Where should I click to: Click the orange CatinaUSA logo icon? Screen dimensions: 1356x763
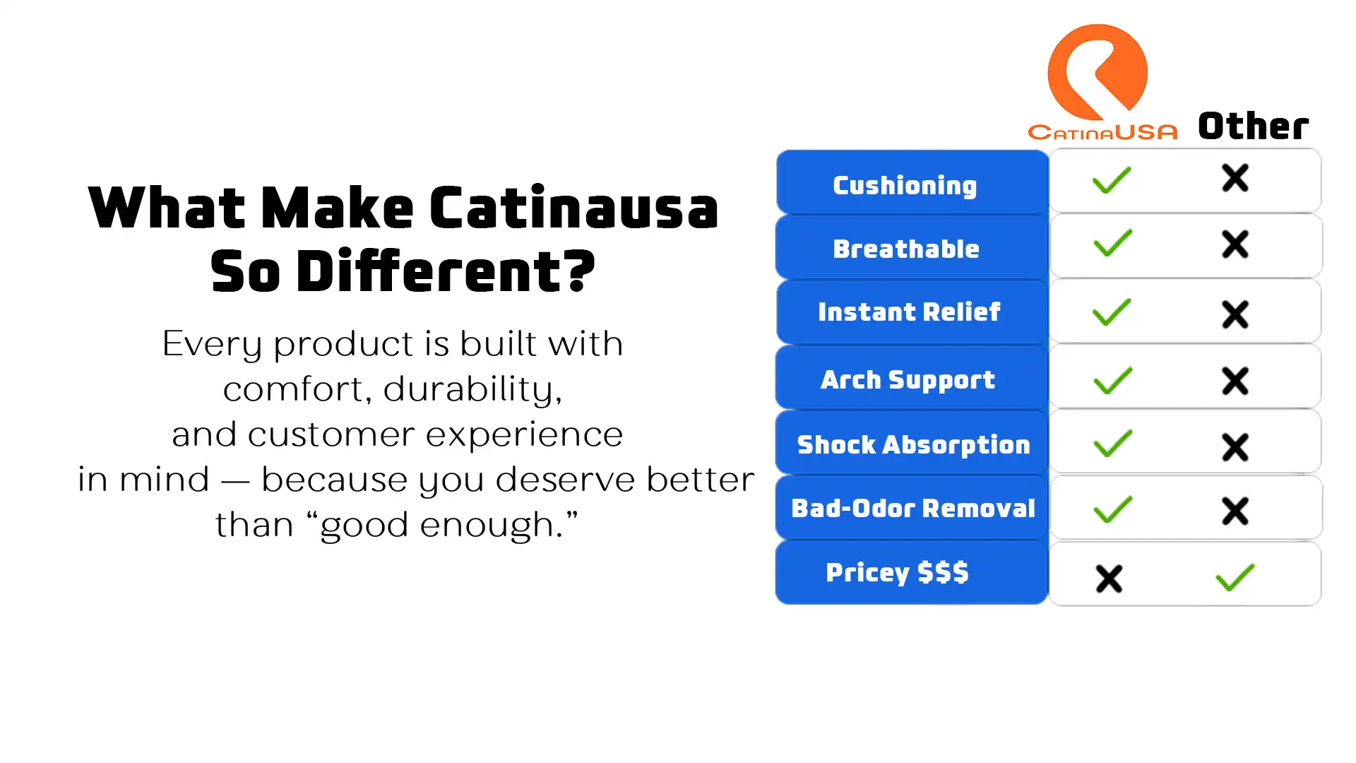coord(1097,71)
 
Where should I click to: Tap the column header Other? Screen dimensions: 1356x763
coord(1254,126)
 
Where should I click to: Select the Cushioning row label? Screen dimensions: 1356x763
coord(905,185)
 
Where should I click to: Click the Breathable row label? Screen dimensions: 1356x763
coord(906,249)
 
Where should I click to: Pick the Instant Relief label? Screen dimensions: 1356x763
coord(909,312)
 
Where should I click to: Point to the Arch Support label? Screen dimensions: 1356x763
coord(908,379)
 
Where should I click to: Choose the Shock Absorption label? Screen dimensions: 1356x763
coord(913,444)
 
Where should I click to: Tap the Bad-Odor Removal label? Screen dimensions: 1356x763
coord(913,508)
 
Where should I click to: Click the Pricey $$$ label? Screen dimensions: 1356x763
coord(897,572)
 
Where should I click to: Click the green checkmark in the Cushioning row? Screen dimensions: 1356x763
coord(1112,180)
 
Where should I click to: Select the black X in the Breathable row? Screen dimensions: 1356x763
coord(1235,244)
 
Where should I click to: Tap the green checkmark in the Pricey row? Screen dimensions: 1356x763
coord(1235,577)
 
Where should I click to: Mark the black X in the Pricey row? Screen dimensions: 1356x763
coord(1109,579)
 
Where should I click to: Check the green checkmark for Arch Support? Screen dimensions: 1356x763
coord(1112,380)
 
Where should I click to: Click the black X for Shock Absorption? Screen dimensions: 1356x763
coord(1235,447)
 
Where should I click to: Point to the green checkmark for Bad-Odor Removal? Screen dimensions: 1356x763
coord(1112,509)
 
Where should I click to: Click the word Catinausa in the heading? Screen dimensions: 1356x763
coord(573,208)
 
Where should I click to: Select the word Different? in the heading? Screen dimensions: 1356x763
coord(446,271)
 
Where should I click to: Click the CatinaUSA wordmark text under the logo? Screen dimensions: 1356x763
coord(1102,131)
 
